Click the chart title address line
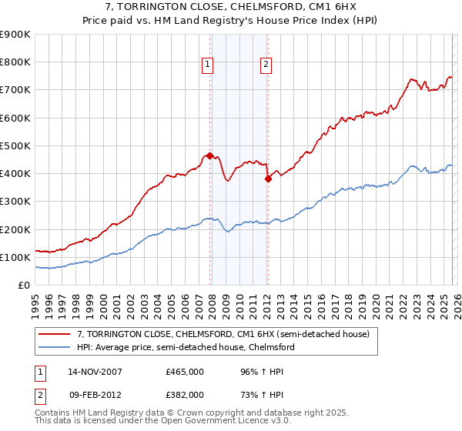(x=230, y=7)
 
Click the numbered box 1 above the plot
(x=208, y=65)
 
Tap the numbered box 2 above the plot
(x=266, y=65)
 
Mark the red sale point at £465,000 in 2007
(x=210, y=155)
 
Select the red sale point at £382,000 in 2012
(x=268, y=179)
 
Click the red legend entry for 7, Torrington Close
(x=223, y=334)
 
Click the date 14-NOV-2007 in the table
(x=95, y=371)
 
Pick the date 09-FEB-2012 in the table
(x=94, y=394)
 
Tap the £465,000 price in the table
(x=185, y=371)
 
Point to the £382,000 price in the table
(x=185, y=394)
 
